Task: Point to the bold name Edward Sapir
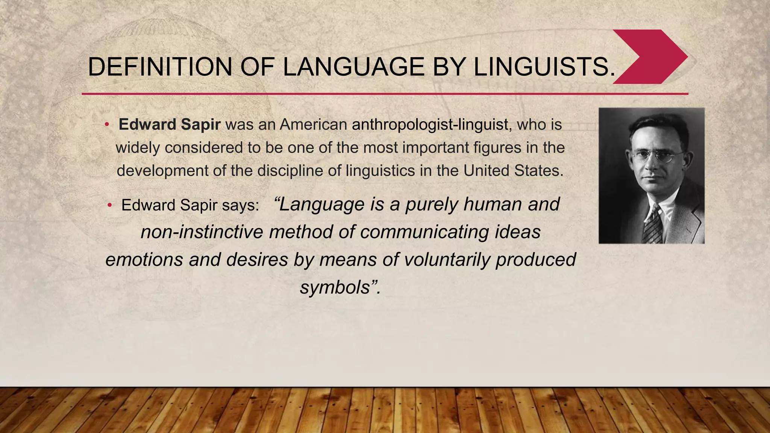[169, 124]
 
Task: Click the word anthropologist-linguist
[430, 124]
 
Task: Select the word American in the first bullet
[313, 124]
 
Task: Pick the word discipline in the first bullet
[288, 171]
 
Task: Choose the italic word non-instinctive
[202, 232]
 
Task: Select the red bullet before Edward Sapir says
[109, 205]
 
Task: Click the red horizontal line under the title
[385, 94]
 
